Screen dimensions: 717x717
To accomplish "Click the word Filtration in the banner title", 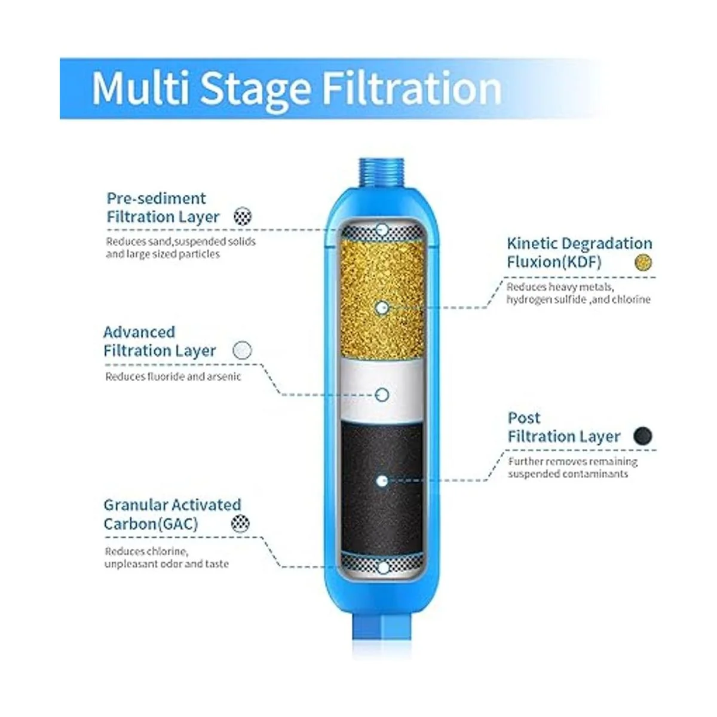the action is (x=412, y=88).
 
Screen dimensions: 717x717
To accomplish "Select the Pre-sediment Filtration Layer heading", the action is (x=163, y=207).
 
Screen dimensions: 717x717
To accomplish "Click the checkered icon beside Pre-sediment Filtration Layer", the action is (x=243, y=216).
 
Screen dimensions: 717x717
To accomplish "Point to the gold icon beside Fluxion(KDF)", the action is (x=643, y=262).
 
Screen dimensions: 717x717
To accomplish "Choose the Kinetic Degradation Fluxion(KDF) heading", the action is (x=580, y=253).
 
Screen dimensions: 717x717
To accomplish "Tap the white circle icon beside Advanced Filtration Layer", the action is (x=242, y=350).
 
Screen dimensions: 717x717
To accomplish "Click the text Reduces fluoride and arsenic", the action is (x=173, y=376).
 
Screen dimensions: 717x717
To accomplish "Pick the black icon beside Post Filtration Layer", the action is (x=642, y=436).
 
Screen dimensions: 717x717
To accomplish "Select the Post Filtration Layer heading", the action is (x=563, y=427).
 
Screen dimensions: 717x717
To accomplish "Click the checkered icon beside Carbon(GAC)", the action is (x=240, y=523).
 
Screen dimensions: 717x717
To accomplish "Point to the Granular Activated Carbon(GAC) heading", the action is (x=172, y=514).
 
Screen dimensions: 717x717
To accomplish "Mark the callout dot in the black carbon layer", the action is (x=382, y=481).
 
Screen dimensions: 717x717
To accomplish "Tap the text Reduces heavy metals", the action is (x=560, y=287).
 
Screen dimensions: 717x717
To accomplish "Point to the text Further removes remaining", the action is (x=573, y=461).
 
